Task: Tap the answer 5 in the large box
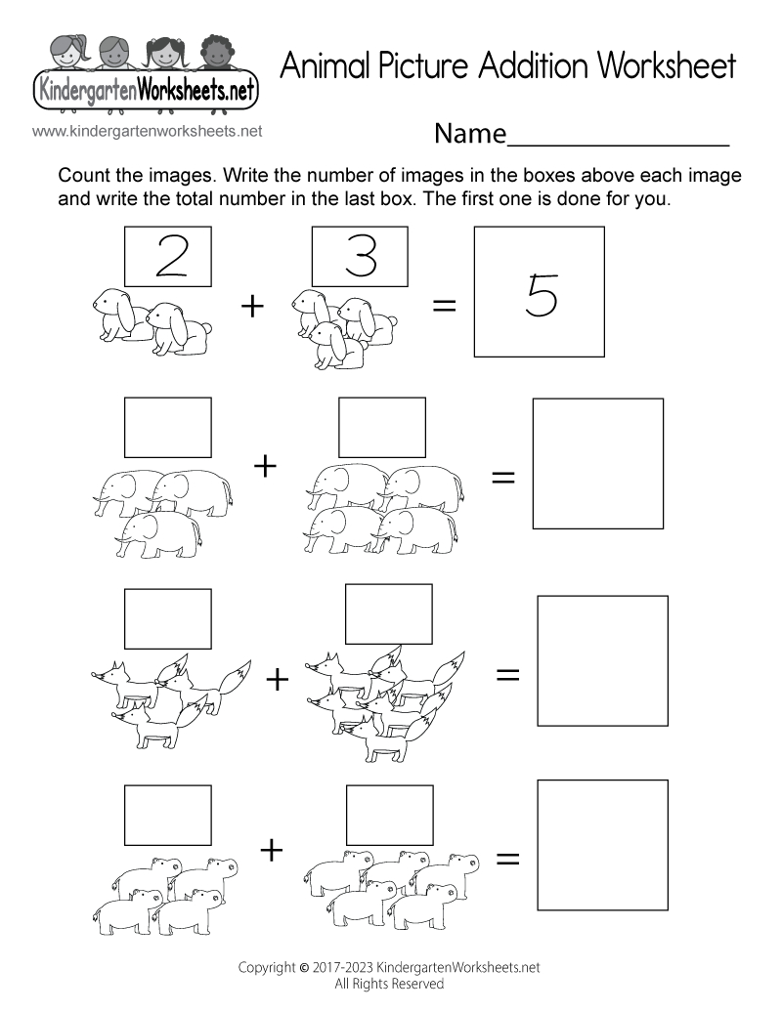(x=539, y=294)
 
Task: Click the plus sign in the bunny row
(x=252, y=306)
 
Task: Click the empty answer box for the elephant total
(x=597, y=463)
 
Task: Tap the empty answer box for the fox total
(x=602, y=661)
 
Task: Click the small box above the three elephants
(x=167, y=427)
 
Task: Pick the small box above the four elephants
(x=381, y=427)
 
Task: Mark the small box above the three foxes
(x=167, y=618)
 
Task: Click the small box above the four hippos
(x=167, y=815)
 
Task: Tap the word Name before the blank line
(x=470, y=134)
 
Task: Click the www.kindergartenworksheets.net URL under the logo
(x=148, y=130)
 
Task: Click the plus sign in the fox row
(x=279, y=678)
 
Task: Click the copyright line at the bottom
(x=390, y=968)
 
